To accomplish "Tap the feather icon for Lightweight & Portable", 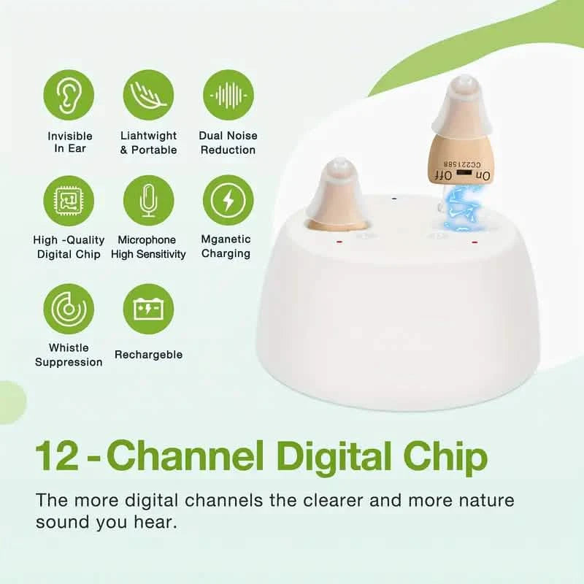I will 148,95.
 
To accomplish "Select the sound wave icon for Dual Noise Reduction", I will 228,95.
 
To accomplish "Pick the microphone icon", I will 148,200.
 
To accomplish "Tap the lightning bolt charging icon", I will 228,200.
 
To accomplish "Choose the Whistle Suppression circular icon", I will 69,308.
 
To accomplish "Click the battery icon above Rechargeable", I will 148,308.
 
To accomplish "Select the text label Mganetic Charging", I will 226,246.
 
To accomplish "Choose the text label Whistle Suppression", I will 69,355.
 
